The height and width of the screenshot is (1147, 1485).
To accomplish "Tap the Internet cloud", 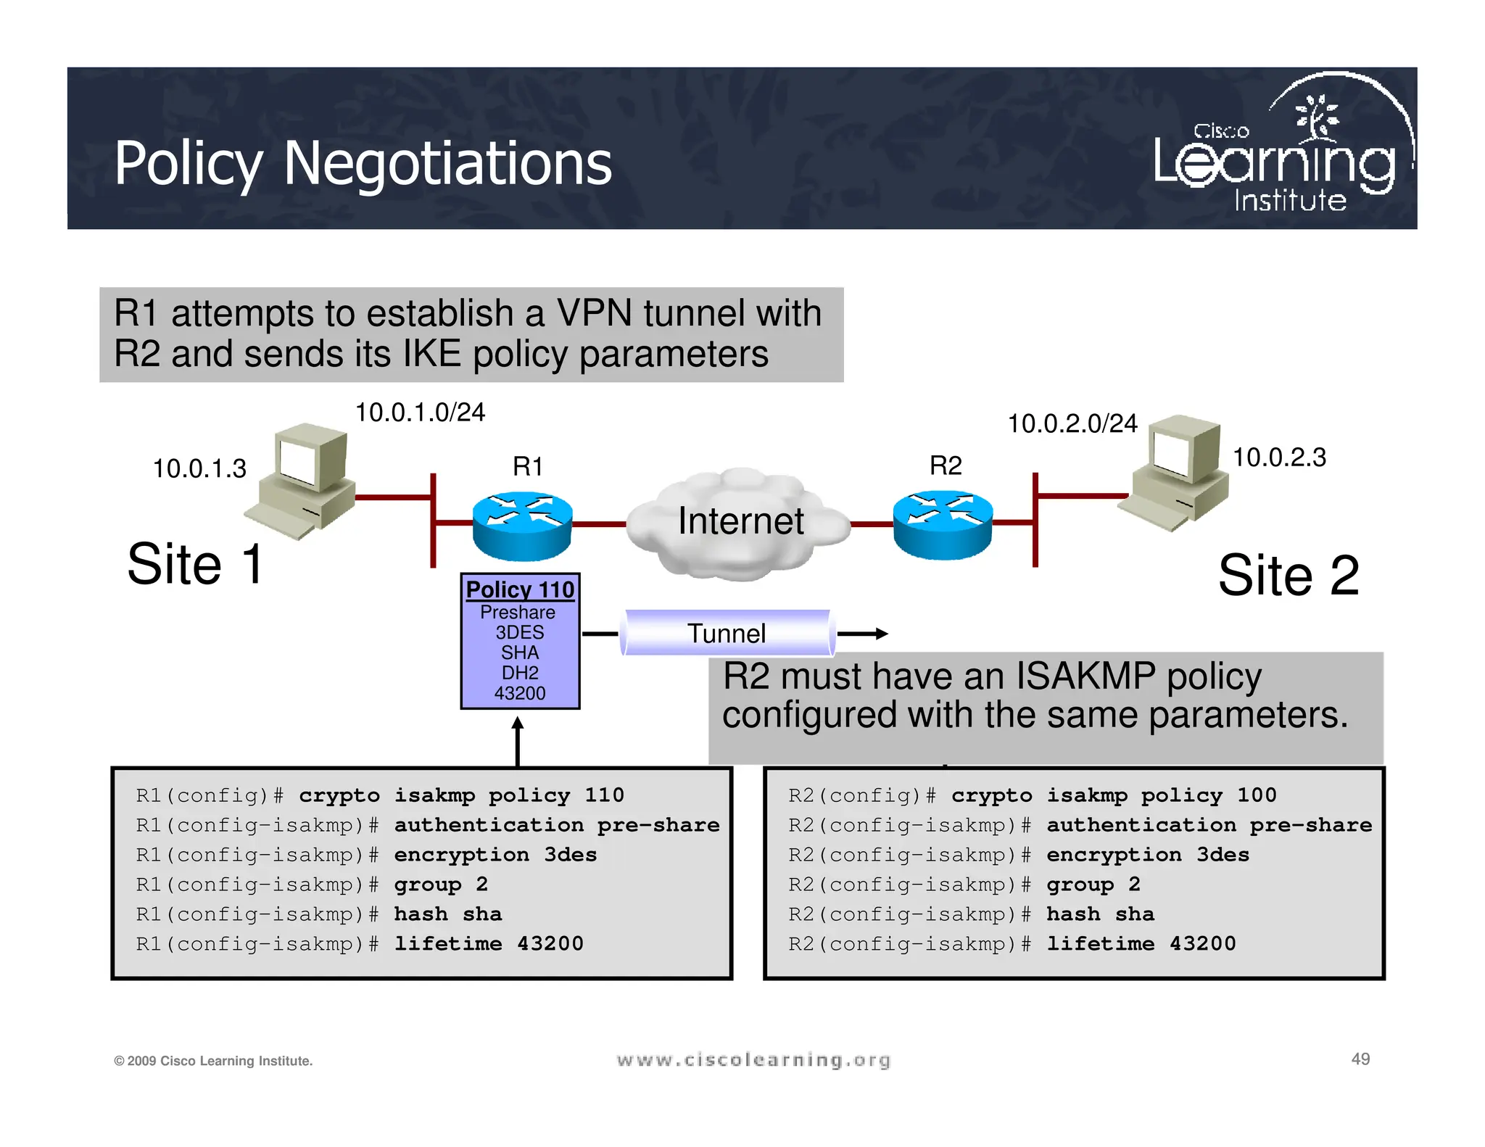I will pos(740,522).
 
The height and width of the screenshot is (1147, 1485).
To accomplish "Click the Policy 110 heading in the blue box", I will pos(520,589).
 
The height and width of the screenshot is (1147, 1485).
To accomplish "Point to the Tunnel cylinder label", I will pos(727,633).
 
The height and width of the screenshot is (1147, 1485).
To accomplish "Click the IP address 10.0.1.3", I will pos(199,468).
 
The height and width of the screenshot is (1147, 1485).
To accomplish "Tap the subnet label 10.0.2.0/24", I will pos(1072,423).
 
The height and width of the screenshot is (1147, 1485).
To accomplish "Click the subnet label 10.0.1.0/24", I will pos(420,412).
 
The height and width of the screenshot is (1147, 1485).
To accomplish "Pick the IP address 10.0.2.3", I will pos(1279,457).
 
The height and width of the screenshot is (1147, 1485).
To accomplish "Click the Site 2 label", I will pos(1288,575).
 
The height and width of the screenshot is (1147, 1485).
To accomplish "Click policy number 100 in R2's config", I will pos(1257,795).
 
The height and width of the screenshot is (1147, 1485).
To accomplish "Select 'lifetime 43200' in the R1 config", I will pos(488,943).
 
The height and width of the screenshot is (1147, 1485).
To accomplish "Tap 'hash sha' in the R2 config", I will pos(1100,914).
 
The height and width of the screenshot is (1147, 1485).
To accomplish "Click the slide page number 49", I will pos(1360,1059).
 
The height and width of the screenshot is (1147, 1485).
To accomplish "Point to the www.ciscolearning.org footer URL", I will pos(753,1060).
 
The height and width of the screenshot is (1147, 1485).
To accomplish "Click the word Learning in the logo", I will pos(1274,163).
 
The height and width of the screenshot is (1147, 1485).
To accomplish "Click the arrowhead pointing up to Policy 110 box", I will pos(517,723).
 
